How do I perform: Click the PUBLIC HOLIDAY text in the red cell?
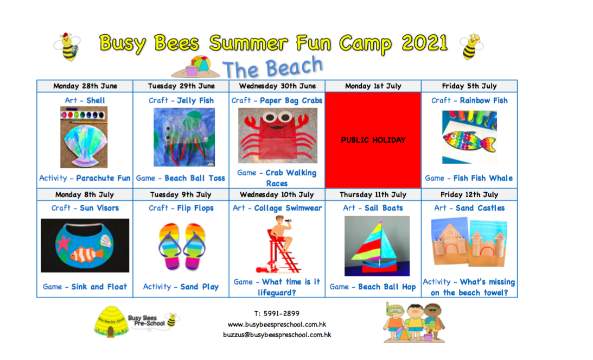point(373,140)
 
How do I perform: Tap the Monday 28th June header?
point(85,86)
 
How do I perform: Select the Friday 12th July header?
point(469,194)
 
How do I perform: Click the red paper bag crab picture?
point(278,135)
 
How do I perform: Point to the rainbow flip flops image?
point(182,247)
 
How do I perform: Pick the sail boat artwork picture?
point(377,246)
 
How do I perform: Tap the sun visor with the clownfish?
point(85,245)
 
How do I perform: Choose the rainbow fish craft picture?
point(469,137)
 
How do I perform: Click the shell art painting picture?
point(84,137)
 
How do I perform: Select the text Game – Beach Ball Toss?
point(181,178)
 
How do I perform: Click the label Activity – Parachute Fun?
point(85,178)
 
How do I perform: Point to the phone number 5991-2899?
point(282,313)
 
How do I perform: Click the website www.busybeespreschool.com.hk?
point(277,324)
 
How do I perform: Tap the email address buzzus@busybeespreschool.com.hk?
point(277,335)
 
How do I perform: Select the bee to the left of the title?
point(68,47)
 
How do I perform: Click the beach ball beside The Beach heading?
point(200,63)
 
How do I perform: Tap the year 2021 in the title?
point(425,42)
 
